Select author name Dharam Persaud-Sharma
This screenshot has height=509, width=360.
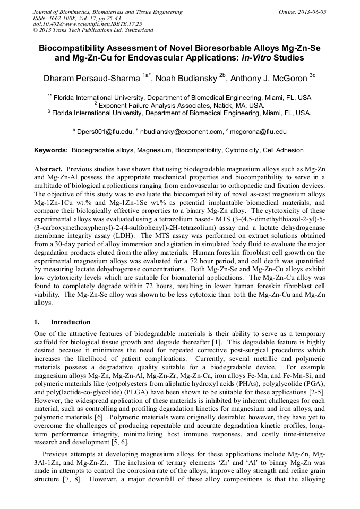tap(92, 79)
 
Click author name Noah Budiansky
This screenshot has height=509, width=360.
tap(188, 79)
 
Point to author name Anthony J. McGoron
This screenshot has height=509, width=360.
tap(270, 79)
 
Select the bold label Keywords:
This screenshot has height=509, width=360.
tap(51, 151)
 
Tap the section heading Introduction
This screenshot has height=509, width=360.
tap(71, 322)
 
